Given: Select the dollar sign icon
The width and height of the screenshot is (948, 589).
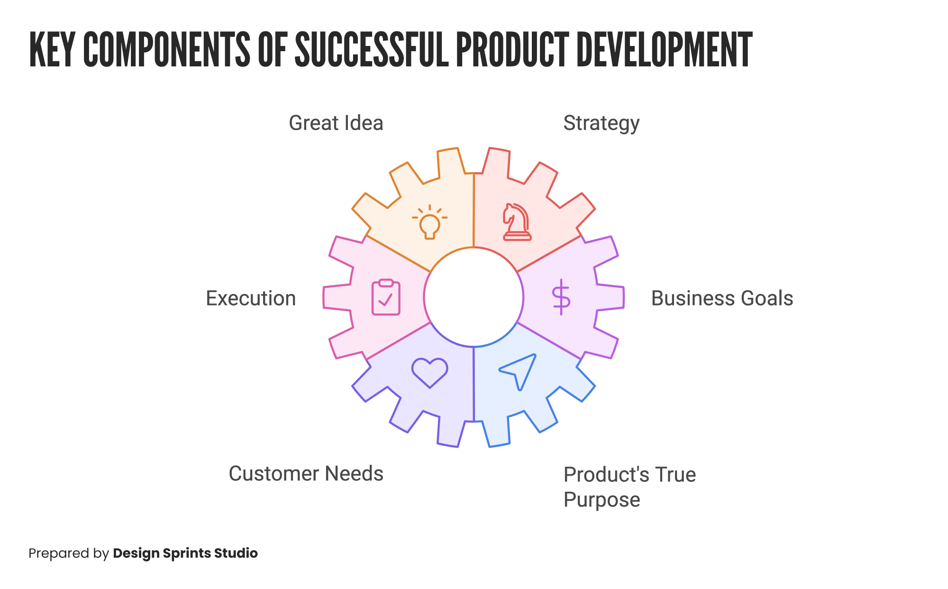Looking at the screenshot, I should point(561,297).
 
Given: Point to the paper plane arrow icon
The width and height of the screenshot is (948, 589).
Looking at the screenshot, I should point(518,371).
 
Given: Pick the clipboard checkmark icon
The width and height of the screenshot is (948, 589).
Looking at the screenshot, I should point(386,297).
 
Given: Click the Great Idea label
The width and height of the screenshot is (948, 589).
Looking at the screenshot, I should point(336,123).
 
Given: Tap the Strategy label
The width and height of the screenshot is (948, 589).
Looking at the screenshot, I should point(601,123).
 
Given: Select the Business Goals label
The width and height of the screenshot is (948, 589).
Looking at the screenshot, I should point(722,298).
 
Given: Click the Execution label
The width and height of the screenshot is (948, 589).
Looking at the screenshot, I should point(251,298).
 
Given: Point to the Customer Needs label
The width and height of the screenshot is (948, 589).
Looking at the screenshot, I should point(306,474).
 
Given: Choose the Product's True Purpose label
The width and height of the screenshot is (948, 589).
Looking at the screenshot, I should point(629,487).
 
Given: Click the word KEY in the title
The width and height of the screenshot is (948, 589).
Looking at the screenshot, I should point(52,50).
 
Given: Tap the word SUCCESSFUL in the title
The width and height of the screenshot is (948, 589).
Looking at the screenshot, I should point(371,50).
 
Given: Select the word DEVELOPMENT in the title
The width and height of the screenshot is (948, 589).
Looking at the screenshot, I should point(664,50).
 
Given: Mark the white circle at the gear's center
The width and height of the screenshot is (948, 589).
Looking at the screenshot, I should point(474,297).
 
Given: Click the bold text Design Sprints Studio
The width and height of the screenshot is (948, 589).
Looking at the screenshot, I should point(185,553).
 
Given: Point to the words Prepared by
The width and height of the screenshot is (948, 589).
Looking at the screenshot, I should point(69,553).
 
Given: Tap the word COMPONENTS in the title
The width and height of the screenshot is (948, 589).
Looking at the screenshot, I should point(166,50).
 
